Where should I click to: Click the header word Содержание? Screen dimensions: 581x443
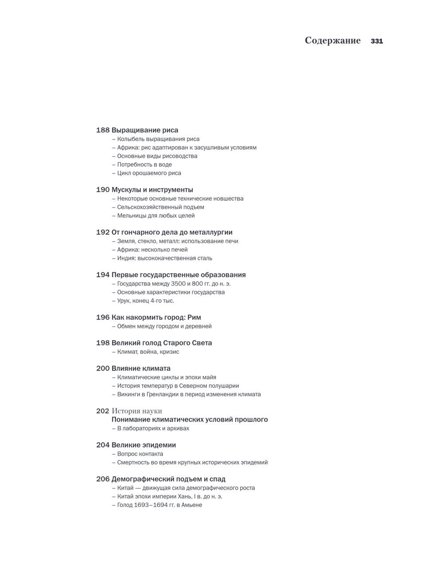(333, 41)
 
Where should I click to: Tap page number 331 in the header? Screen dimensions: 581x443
(377, 41)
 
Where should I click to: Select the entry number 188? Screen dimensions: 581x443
(103, 130)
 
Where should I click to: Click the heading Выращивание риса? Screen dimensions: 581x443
(145, 130)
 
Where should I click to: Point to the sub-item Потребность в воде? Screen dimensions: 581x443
(144, 165)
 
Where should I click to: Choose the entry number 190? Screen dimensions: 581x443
(103, 190)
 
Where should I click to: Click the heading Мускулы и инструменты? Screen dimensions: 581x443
(152, 190)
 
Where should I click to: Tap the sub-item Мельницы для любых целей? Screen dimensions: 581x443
(156, 216)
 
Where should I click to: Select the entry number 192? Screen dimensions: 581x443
(103, 232)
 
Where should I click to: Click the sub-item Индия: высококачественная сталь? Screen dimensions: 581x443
(165, 258)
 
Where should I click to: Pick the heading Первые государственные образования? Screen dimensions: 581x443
(179, 275)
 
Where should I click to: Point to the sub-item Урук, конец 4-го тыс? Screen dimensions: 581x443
(146, 301)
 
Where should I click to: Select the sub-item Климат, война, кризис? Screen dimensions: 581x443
(148, 352)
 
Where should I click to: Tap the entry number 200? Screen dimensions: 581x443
(103, 368)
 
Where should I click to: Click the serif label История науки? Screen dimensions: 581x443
(137, 411)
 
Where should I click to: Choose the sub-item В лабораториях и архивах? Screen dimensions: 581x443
(153, 428)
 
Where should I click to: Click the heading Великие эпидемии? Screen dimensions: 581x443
(144, 445)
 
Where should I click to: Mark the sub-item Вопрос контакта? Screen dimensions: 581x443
(140, 454)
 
